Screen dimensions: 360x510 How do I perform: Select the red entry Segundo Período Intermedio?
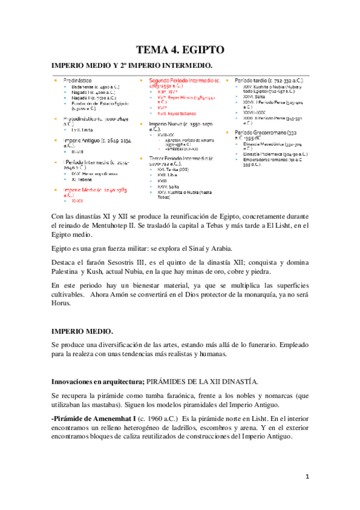tap(180, 80)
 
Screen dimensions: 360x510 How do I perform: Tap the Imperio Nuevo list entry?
tap(174, 125)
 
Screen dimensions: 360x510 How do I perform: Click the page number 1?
tap(307, 477)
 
